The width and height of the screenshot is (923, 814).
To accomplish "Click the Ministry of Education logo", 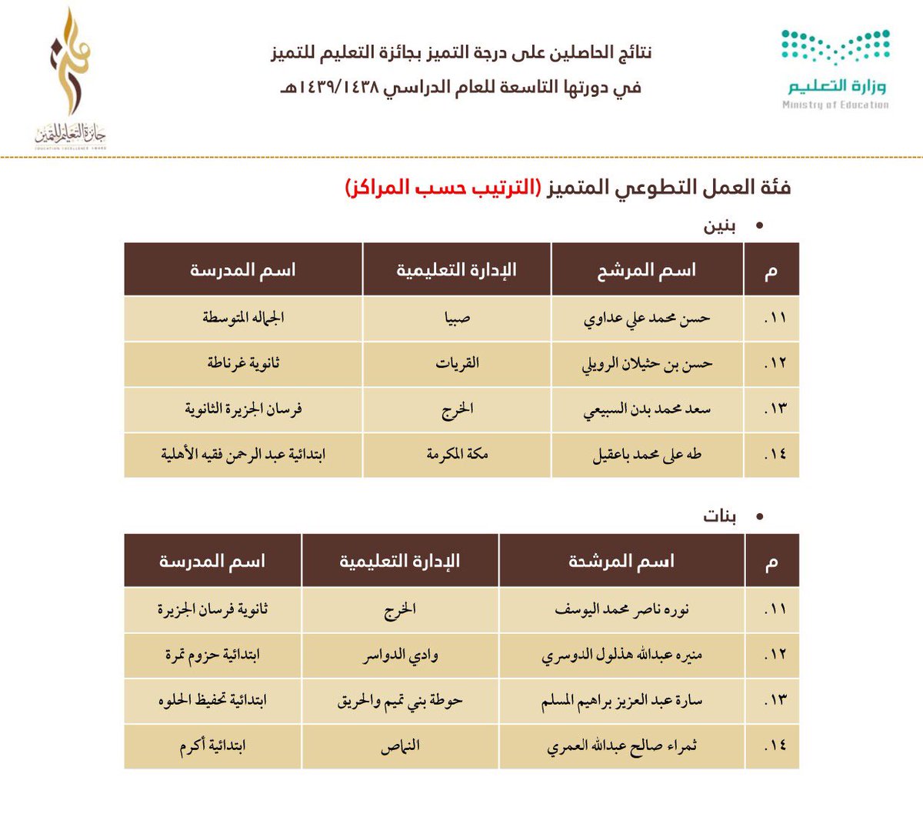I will [x=835, y=69].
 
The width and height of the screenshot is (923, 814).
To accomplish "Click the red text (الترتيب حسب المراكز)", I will [x=442, y=187].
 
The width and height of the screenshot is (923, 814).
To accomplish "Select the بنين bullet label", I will [x=719, y=226].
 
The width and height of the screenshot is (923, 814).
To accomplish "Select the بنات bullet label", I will [x=719, y=516].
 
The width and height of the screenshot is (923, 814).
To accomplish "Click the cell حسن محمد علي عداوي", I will [x=647, y=319].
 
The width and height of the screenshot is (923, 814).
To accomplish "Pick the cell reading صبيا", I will [x=457, y=319].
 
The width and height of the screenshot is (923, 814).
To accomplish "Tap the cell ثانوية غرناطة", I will [x=243, y=363].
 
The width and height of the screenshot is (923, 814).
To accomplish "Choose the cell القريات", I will [x=457, y=363].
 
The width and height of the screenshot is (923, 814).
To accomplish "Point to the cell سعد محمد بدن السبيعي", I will [x=647, y=409].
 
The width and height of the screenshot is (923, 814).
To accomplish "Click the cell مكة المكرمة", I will [x=457, y=455].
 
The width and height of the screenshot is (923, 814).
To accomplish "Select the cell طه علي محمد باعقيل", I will [x=647, y=455].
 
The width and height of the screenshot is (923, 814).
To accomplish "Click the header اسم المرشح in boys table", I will [x=647, y=270].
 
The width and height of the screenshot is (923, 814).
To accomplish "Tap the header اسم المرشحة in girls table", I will [x=621, y=561].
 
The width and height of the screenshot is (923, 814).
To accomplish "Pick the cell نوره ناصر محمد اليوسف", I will [x=621, y=609].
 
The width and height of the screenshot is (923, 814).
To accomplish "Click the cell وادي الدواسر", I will [x=401, y=656].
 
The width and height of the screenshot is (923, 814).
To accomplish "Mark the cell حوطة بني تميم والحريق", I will [x=401, y=701].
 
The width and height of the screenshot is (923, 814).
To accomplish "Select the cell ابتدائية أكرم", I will [x=212, y=746].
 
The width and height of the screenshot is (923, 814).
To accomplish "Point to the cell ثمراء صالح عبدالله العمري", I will [x=621, y=746].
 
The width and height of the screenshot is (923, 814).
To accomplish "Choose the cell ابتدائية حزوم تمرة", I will [x=212, y=656].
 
